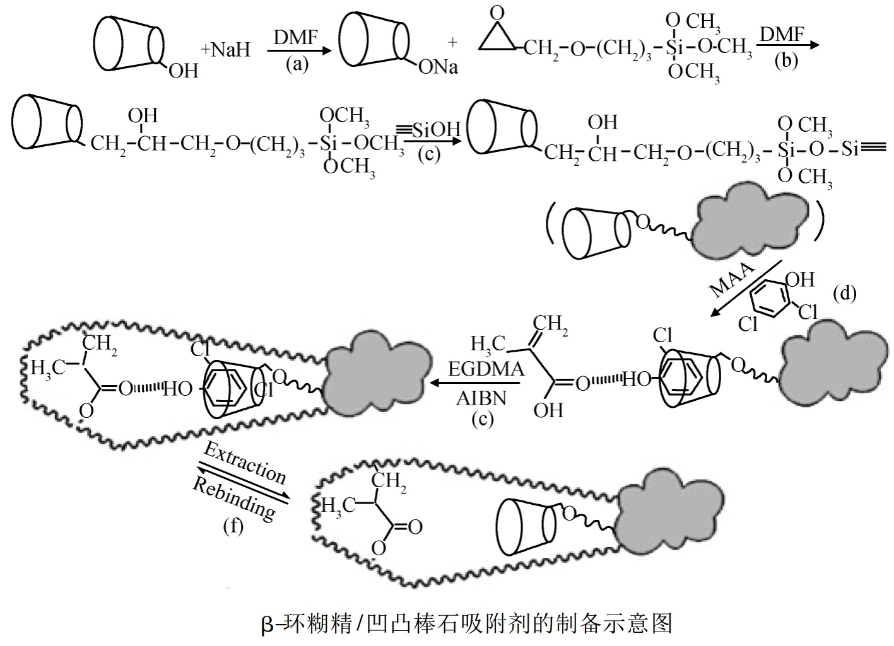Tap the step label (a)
(297, 64)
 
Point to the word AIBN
(482, 400)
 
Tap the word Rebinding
(233, 499)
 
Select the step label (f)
(233, 526)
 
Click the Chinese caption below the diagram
(466, 623)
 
